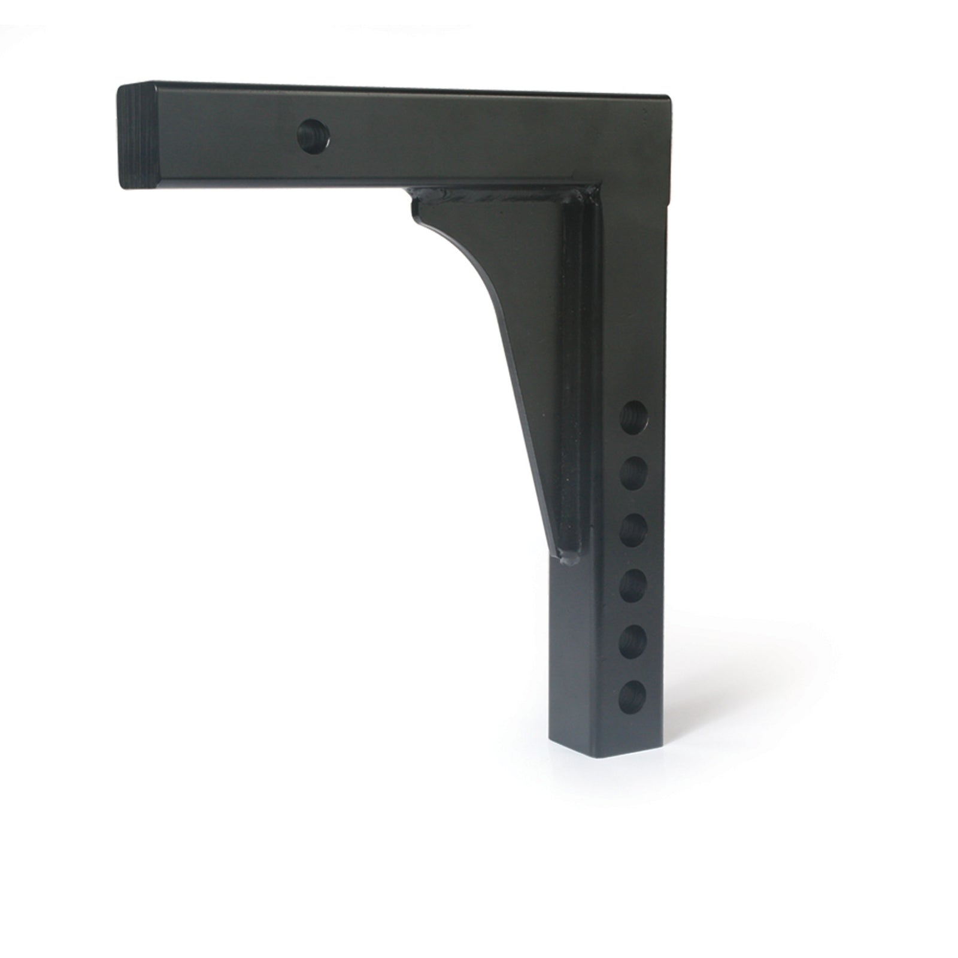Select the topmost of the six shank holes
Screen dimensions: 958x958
coord(635,417)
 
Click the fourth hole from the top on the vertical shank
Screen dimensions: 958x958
coord(633,586)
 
